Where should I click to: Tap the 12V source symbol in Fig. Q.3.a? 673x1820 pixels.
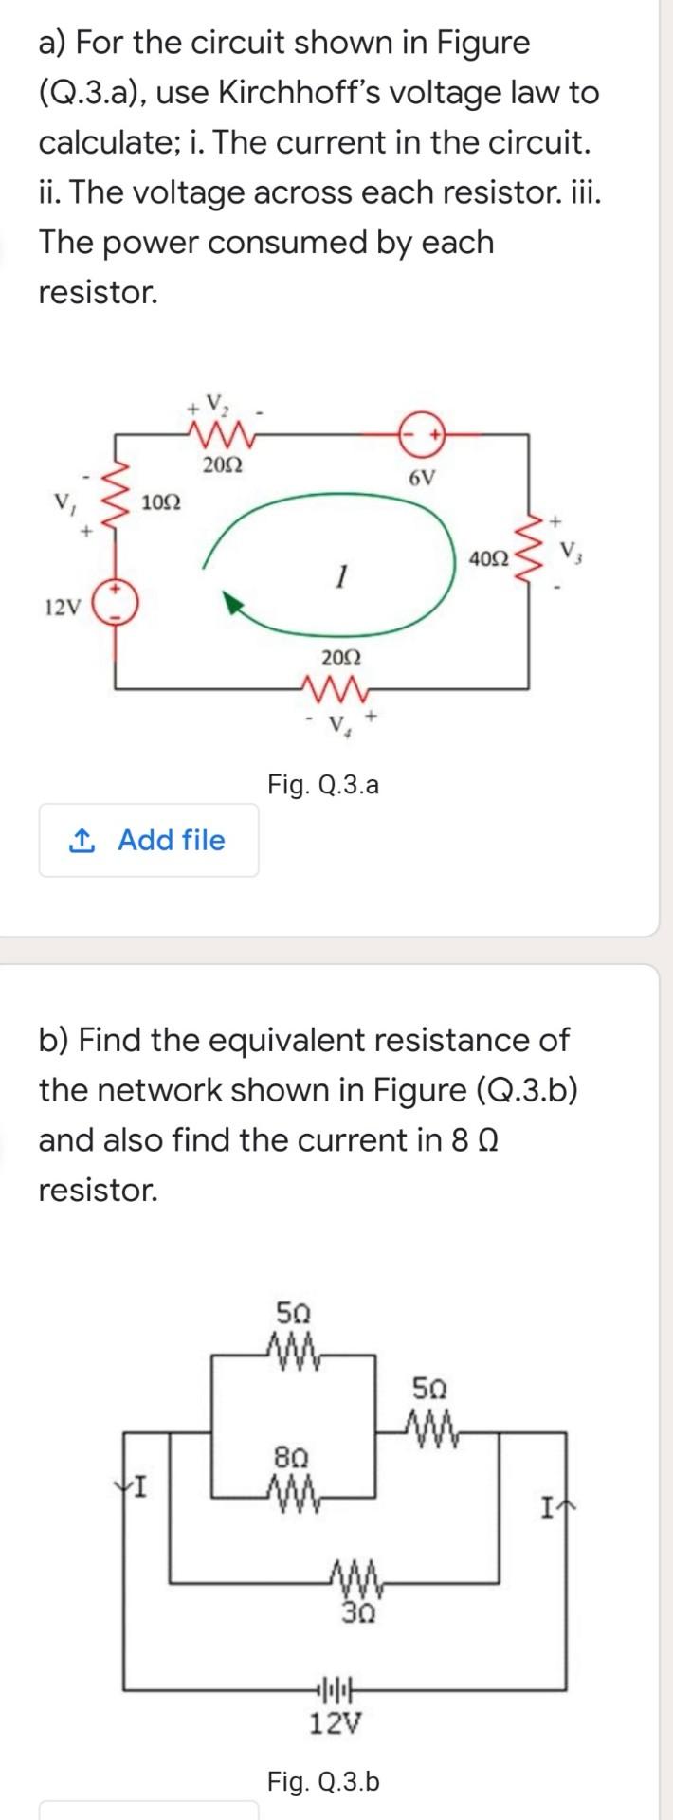(x=118, y=602)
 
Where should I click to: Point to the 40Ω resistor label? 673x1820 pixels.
(x=488, y=559)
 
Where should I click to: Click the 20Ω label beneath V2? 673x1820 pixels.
(x=223, y=465)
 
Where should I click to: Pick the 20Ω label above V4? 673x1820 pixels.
(x=340, y=657)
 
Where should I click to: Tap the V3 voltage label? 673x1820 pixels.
(x=570, y=550)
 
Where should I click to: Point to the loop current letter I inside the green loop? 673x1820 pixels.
(x=341, y=573)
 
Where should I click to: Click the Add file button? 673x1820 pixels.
(x=149, y=840)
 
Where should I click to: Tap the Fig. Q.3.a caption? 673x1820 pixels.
(x=323, y=784)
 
